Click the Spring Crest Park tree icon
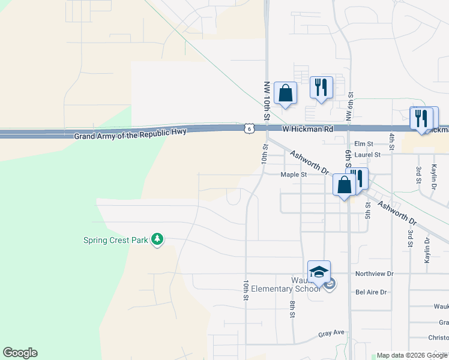click(x=157, y=240)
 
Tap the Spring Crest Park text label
click(x=115, y=241)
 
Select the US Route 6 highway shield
click(x=249, y=128)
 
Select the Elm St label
click(x=364, y=144)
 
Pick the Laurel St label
click(x=367, y=155)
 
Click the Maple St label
click(x=294, y=175)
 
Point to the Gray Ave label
click(x=331, y=333)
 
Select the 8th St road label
click(x=292, y=310)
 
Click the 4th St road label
click(x=391, y=142)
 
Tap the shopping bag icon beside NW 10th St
click(x=285, y=94)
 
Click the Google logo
click(x=20, y=353)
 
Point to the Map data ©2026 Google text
click(x=412, y=355)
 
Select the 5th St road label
click(x=368, y=211)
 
